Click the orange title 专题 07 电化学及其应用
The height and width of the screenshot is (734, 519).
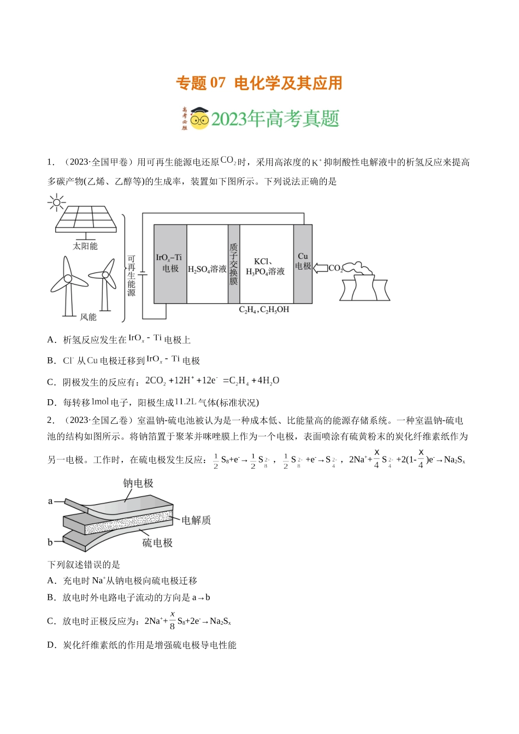point(259,83)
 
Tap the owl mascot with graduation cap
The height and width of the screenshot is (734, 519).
point(199,118)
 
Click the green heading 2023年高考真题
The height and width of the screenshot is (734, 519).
point(275,119)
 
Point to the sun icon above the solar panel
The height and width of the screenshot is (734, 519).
point(56,203)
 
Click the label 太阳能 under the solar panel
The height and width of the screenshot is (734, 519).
point(85,246)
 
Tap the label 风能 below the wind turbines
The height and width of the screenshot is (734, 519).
point(88,317)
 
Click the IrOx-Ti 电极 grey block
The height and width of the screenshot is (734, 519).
point(170,263)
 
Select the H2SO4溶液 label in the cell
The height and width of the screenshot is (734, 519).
point(207,269)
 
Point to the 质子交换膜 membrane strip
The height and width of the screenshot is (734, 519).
point(234,264)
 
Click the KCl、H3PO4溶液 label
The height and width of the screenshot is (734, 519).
point(266,267)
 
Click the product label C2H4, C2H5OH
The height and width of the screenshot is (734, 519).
point(264,310)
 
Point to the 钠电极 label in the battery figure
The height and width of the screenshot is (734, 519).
point(138,483)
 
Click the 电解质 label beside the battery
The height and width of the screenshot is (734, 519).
point(196,520)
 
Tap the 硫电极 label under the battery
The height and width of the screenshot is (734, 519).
point(157,543)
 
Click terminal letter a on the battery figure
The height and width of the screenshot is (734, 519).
point(50,501)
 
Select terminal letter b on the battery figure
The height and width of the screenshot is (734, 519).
point(50,542)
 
